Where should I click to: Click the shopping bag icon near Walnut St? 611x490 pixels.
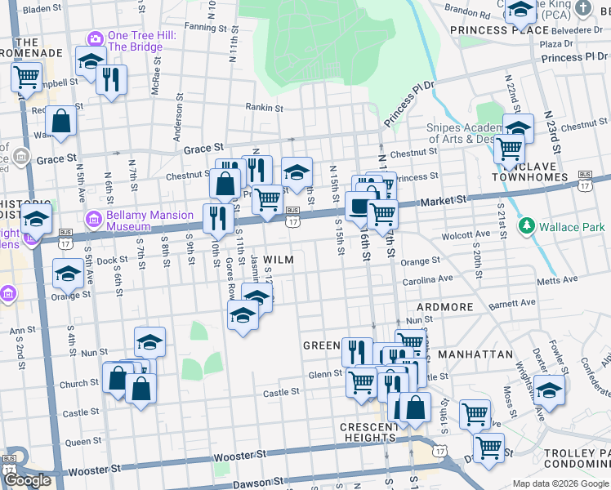[61, 121]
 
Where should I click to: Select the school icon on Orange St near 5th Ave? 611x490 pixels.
[68, 274]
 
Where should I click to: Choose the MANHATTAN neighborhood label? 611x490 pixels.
[475, 355]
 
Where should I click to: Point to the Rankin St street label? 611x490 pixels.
[265, 107]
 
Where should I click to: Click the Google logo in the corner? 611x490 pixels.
[27, 480]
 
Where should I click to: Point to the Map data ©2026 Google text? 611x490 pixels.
[560, 483]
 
